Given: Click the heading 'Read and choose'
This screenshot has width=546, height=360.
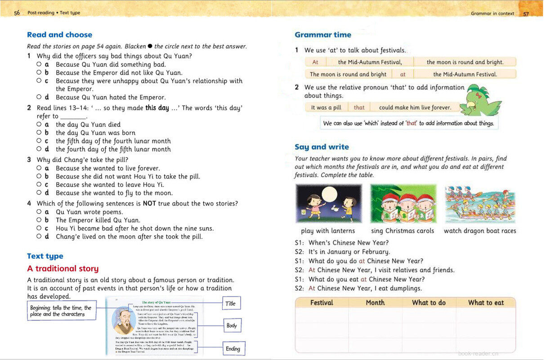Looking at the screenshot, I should pyautogui.click(x=59, y=35).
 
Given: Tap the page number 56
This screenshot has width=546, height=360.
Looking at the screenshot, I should pyautogui.click(x=17, y=13).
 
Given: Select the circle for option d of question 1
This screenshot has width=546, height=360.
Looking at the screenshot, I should pyautogui.click(x=39, y=97).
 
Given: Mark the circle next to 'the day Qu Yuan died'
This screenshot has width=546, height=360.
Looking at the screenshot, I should pyautogui.click(x=39, y=124).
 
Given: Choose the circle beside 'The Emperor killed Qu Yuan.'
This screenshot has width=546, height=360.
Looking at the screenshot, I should pyautogui.click(x=39, y=220).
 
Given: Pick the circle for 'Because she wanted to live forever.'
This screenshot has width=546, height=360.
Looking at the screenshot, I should pyautogui.click(x=39, y=168).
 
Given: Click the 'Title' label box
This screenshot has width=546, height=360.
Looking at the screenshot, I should pyautogui.click(x=231, y=303).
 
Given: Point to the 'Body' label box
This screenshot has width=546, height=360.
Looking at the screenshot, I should pyautogui.click(x=232, y=325).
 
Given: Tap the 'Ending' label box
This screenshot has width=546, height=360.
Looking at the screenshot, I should pyautogui.click(x=233, y=348).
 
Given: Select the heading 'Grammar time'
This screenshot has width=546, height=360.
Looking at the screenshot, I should pyautogui.click(x=323, y=35).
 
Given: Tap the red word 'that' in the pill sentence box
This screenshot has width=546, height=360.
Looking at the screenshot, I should pyautogui.click(x=359, y=108).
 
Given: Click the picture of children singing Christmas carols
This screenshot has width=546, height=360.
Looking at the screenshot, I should pyautogui.click(x=403, y=203).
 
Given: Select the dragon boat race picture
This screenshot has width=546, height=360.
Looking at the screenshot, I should pyautogui.click(x=479, y=203).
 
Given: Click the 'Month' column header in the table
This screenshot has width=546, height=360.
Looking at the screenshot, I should pyautogui.click(x=375, y=303).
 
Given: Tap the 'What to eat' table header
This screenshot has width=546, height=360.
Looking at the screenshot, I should pyautogui.click(x=486, y=303).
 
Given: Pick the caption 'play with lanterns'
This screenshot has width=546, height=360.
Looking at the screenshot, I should pyautogui.click(x=328, y=231).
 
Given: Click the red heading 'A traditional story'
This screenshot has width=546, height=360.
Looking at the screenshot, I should pyautogui.click(x=63, y=269).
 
